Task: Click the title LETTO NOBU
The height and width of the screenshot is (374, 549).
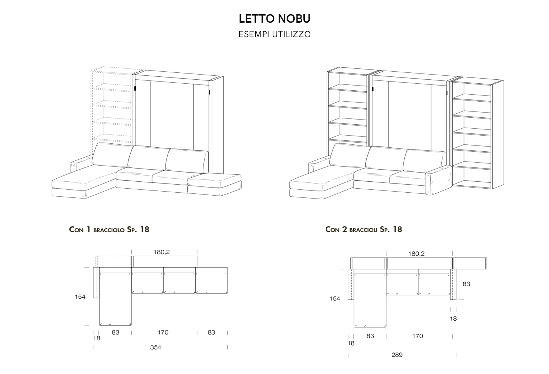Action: tap(274, 19)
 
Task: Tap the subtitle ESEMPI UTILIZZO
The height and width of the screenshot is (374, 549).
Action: tap(274, 34)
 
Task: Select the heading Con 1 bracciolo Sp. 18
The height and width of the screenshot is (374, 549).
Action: tap(109, 230)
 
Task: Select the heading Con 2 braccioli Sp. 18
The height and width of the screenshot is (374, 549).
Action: tap(363, 230)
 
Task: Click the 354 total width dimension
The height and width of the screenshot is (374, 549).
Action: tap(156, 347)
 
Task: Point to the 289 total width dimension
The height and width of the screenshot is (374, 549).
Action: tap(397, 355)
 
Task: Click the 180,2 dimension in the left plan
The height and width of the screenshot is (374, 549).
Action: tap(161, 252)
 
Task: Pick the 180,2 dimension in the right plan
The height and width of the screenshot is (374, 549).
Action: tap(416, 254)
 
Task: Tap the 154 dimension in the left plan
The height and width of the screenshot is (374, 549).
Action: tap(80, 297)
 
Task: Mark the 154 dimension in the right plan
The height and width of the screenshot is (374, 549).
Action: tap(335, 299)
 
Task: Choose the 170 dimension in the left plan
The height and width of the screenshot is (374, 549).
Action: tap(163, 332)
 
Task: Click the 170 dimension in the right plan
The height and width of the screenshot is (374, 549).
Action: tap(417, 336)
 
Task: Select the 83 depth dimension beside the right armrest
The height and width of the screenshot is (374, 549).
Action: tap(466, 284)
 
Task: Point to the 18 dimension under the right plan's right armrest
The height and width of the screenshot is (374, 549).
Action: tap(453, 318)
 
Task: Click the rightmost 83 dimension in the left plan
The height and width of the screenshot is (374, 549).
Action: tap(211, 332)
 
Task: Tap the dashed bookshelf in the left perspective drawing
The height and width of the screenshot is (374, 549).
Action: tap(111, 106)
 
